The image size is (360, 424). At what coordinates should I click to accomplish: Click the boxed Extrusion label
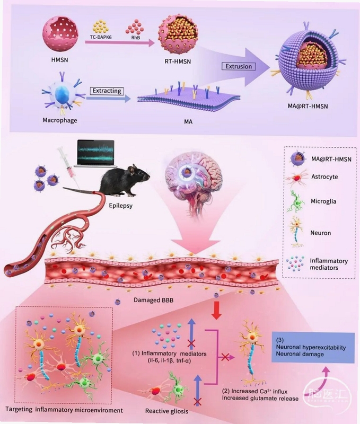point(238,66)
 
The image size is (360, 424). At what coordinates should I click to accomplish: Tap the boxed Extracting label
point(107,91)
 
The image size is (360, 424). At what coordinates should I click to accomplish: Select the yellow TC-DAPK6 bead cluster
point(100,26)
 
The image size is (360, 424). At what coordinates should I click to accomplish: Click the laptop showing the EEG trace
point(96,153)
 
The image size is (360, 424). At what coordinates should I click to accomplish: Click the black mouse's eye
point(141,172)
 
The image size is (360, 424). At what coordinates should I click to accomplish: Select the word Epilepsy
point(121,205)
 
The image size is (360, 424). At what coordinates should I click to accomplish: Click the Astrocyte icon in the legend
point(297,178)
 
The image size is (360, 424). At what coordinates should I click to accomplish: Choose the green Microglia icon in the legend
point(297,202)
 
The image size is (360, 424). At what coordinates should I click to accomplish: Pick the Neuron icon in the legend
point(296,232)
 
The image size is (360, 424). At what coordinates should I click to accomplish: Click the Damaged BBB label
point(153,300)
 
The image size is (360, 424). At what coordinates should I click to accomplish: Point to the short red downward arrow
point(216,310)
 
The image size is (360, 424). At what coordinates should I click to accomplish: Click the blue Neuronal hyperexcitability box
point(313,348)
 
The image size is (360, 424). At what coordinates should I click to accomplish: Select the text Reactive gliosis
point(166,411)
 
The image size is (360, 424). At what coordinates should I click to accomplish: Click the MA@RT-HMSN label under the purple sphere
point(308,107)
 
